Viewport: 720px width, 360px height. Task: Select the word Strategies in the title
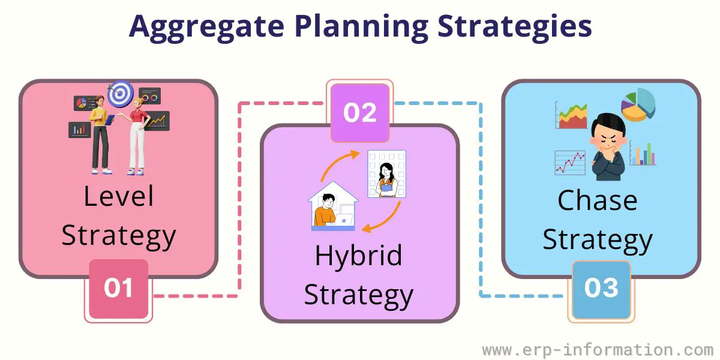[x=515, y=26]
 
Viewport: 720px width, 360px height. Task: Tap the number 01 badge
[x=119, y=289]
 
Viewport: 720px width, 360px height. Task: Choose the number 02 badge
[x=360, y=113]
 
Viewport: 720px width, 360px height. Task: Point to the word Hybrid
[x=359, y=256]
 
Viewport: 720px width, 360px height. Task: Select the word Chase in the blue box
[x=598, y=200]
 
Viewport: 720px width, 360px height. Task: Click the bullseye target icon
[x=121, y=94]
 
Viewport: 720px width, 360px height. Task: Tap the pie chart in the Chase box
[x=638, y=105]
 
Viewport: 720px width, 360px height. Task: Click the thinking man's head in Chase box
[x=608, y=132]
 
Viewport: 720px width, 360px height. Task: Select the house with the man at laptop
[x=333, y=206]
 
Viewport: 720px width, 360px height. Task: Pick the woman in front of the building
[x=386, y=179]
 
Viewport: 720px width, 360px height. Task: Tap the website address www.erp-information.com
[x=598, y=350]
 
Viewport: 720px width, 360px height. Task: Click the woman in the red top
[x=138, y=137]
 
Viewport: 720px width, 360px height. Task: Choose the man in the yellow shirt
[x=101, y=136]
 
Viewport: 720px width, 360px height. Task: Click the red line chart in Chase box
[x=570, y=163]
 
